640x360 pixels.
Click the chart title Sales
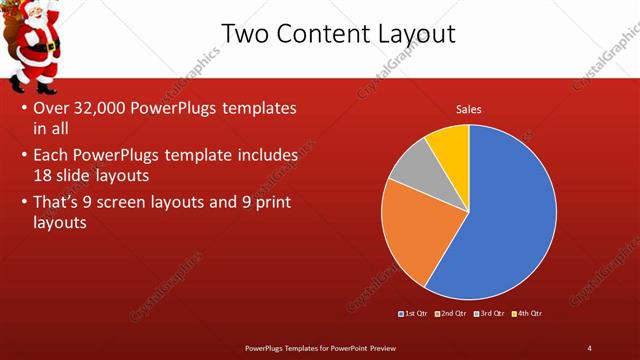[x=468, y=109]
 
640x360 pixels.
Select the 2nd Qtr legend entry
[x=451, y=314]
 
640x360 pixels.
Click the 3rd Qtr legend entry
[x=489, y=314]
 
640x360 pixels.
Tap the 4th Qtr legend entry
[x=526, y=314]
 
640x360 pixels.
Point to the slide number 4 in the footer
[x=589, y=347]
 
